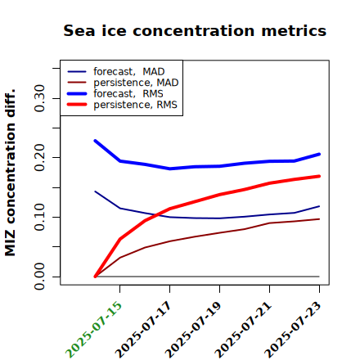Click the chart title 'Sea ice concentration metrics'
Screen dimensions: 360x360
pyautogui.click(x=195, y=31)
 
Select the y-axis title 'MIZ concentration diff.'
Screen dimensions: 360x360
pyautogui.click(x=10, y=173)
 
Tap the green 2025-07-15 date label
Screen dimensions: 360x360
pyautogui.click(x=94, y=329)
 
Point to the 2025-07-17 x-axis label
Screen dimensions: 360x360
pyautogui.click(x=144, y=329)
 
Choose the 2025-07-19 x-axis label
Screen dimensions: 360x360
pyautogui.click(x=194, y=329)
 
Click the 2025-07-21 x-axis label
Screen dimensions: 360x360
pyautogui.click(x=244, y=329)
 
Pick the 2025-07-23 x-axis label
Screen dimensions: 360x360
pyautogui.click(x=294, y=329)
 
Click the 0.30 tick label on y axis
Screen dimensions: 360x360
pyautogui.click(x=39, y=98)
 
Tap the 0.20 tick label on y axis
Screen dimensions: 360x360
pyautogui.click(x=39, y=158)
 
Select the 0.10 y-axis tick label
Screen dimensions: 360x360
pyautogui.click(x=39, y=217)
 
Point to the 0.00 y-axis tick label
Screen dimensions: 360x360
pyautogui.click(x=39, y=277)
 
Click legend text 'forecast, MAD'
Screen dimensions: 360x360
pyautogui.click(x=129, y=72)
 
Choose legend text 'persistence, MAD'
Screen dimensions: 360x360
pyautogui.click(x=136, y=83)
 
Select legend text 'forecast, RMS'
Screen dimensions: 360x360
pyautogui.click(x=128, y=93)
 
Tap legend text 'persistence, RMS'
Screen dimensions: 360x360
pyautogui.click(x=135, y=105)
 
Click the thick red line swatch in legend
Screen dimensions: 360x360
pyautogui.click(x=77, y=105)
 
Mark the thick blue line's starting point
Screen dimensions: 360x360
pyautogui.click(x=95, y=141)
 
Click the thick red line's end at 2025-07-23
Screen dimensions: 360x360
pyautogui.click(x=319, y=176)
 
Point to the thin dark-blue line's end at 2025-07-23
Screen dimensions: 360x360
pyautogui.click(x=319, y=206)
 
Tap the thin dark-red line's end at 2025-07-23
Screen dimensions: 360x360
pyautogui.click(x=319, y=219)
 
